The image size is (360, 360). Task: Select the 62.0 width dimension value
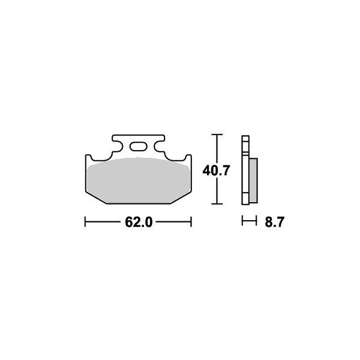pos(137,223)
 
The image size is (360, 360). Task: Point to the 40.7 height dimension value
pos(217,170)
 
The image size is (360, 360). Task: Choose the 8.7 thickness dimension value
pos(273,223)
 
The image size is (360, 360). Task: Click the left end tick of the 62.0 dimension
pos(85,223)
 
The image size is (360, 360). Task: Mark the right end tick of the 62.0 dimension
pos(190,223)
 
